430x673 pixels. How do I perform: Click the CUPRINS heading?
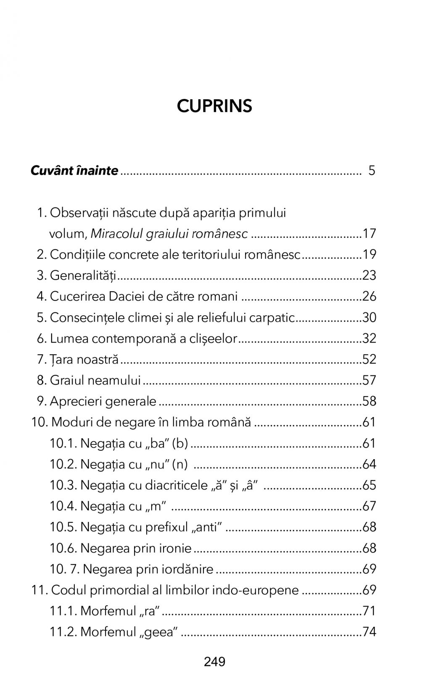(x=214, y=106)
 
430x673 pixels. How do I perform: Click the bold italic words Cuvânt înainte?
(x=74, y=170)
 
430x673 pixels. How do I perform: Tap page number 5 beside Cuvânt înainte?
(x=372, y=170)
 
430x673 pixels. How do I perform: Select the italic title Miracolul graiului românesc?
(x=169, y=234)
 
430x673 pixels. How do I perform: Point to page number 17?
(x=369, y=234)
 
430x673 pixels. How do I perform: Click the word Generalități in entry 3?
(x=83, y=275)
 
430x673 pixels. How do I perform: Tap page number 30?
(x=369, y=317)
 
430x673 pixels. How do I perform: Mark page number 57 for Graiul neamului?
(x=369, y=380)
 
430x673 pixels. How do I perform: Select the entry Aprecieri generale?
(x=103, y=401)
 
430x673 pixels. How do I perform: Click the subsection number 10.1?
(x=63, y=443)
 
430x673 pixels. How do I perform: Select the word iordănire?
(x=186, y=569)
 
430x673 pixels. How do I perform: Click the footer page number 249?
(x=215, y=662)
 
